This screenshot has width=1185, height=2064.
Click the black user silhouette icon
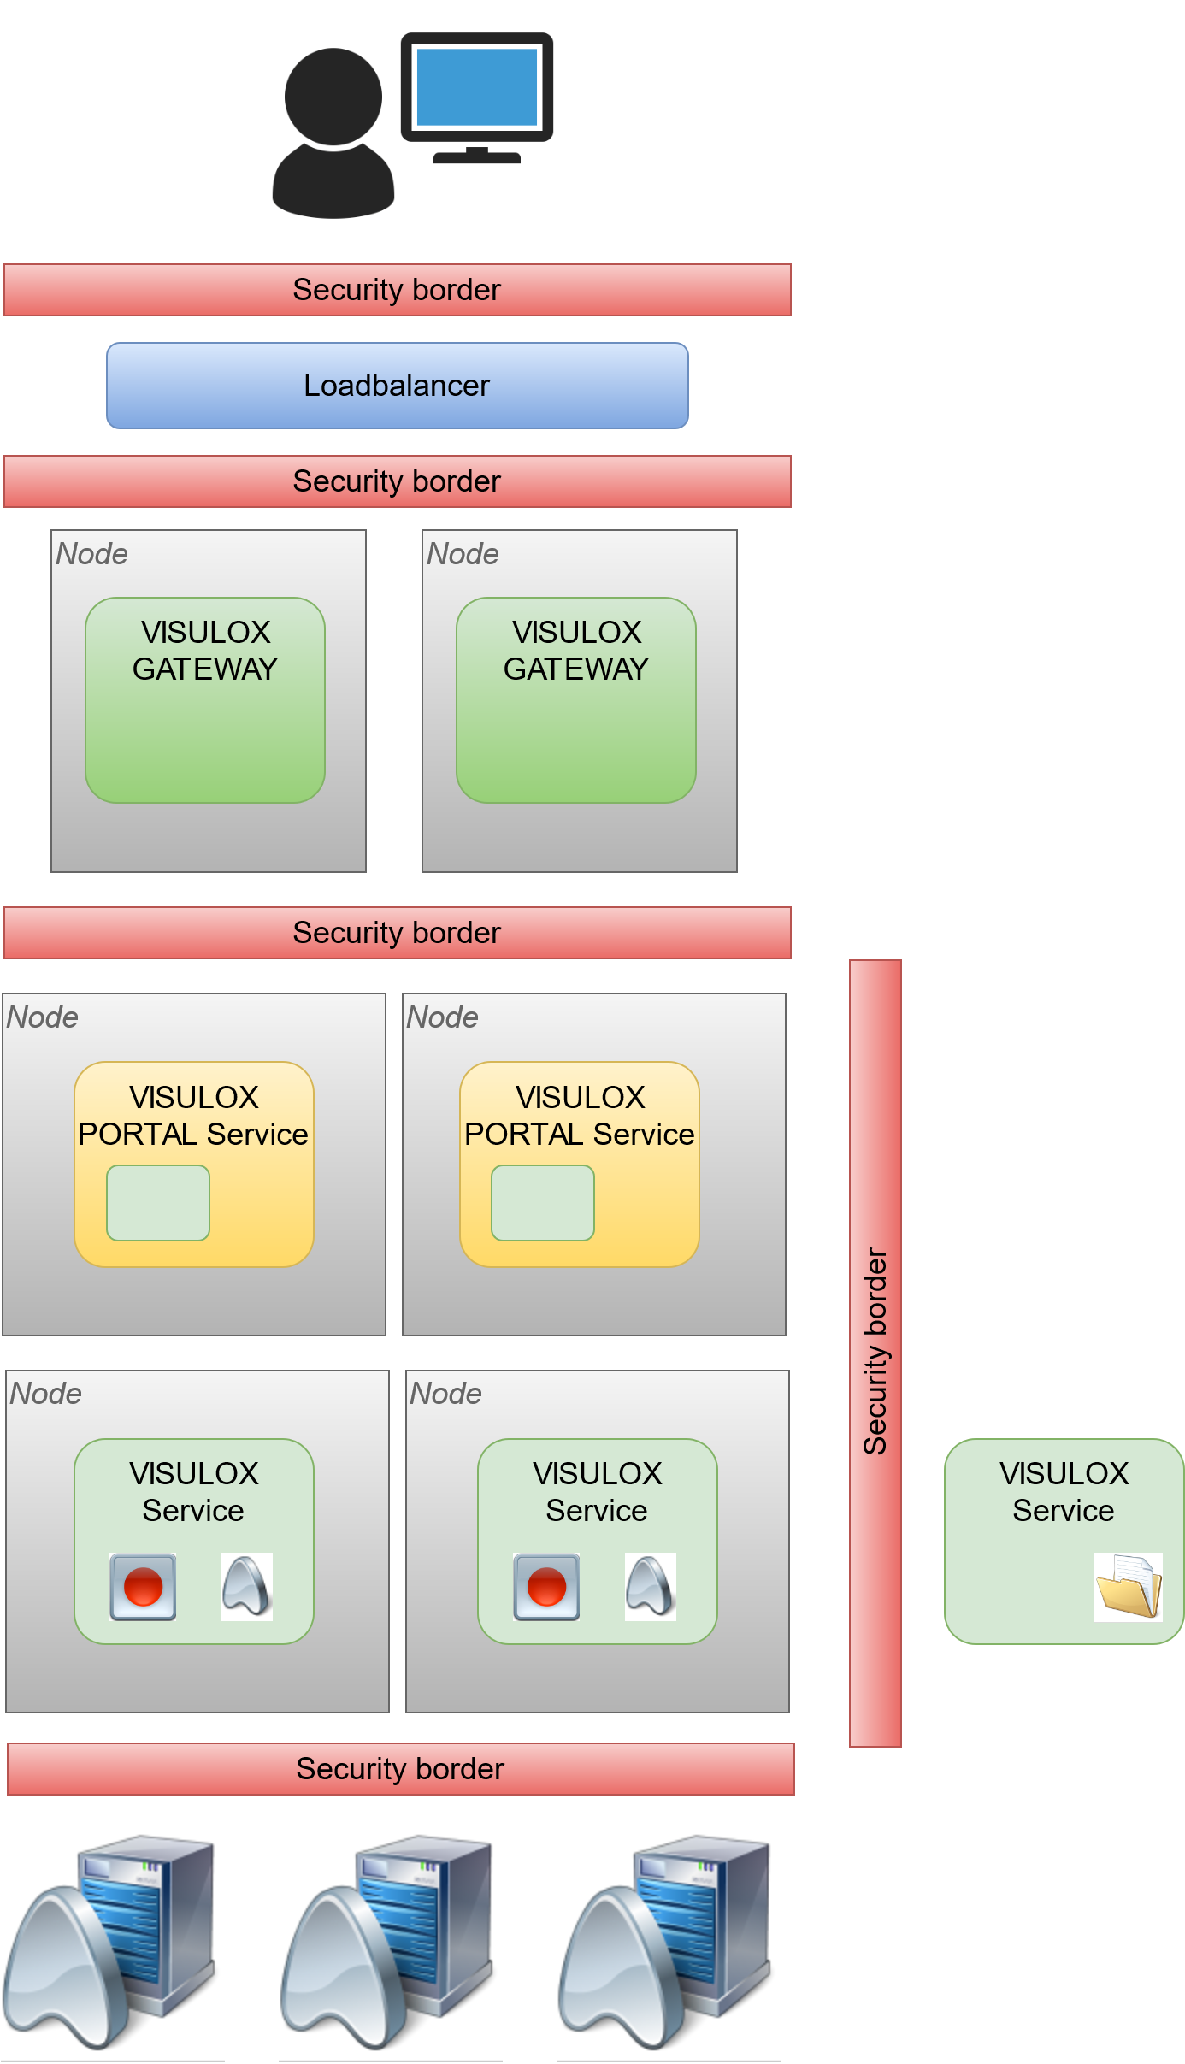[333, 133]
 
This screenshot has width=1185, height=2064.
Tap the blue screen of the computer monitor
[476, 87]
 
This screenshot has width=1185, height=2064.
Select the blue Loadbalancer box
[397, 386]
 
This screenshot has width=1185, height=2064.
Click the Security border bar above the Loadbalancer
[397, 290]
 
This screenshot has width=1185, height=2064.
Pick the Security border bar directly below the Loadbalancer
[397, 481]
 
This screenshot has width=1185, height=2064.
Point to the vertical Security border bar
[875, 1353]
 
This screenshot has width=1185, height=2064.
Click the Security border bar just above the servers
[400, 1768]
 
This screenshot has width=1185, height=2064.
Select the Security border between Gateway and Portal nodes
[397, 933]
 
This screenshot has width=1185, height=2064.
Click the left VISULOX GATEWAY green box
[205, 700]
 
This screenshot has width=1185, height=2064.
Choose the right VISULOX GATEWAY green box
[575, 700]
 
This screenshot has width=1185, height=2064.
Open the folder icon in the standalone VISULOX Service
[1128, 1587]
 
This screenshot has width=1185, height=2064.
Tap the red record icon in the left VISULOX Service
[143, 1587]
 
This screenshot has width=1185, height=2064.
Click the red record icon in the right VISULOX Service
[546, 1587]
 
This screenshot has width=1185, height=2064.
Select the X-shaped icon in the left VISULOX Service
[247, 1587]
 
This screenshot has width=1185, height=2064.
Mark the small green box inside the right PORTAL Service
[542, 1203]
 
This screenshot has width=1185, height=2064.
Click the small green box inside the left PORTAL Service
[157, 1203]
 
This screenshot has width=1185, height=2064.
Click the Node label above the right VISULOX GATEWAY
[463, 554]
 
